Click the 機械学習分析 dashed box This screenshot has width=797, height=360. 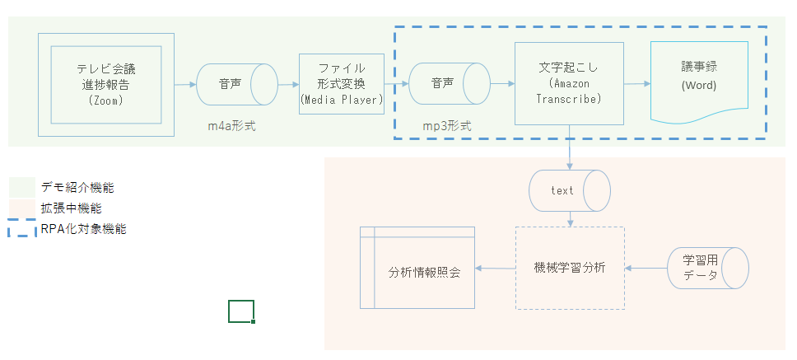(x=570, y=268)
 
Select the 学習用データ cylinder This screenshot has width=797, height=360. (x=707, y=268)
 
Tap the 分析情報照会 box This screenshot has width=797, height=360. (x=418, y=268)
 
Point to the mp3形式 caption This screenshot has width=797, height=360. (x=445, y=129)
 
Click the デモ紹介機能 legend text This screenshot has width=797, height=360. (x=77, y=188)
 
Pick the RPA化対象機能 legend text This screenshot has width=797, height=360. (x=83, y=229)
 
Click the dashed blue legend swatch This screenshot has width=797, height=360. (x=22, y=230)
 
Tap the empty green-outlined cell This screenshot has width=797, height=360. (x=241, y=311)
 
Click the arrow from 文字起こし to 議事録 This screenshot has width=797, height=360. (x=637, y=84)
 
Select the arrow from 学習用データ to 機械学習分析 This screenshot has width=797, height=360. (x=646, y=269)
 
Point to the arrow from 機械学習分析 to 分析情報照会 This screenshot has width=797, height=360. (x=496, y=269)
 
